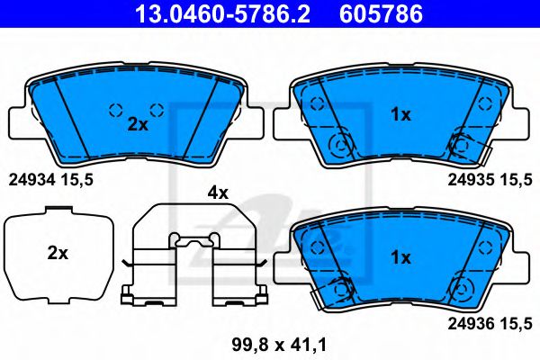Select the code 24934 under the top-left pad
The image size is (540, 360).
coord(30,180)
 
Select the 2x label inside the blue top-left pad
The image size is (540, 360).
coord(137,125)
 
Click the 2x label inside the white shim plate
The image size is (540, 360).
coord(58,254)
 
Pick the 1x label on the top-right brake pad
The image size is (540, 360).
coord(400,114)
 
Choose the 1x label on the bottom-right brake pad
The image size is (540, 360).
coord(400,257)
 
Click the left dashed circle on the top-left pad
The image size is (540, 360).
coord(115,111)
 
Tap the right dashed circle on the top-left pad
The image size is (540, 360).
coord(156,111)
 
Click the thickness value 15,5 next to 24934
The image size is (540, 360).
coord(76,180)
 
